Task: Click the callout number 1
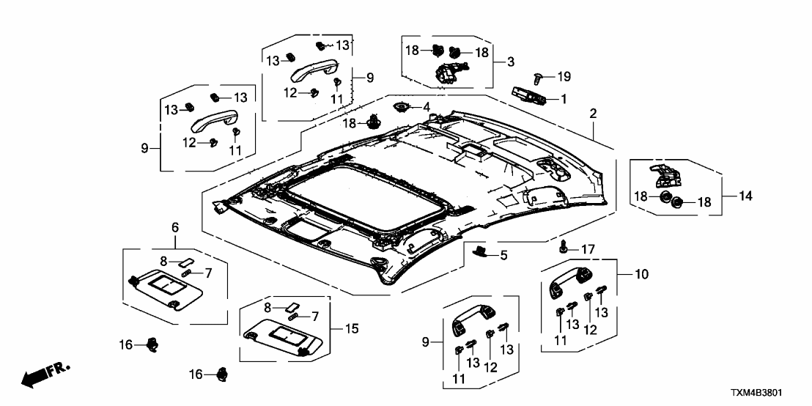[564, 98]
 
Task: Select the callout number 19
[564, 76]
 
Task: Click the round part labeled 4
[402, 108]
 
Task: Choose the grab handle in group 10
[569, 281]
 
